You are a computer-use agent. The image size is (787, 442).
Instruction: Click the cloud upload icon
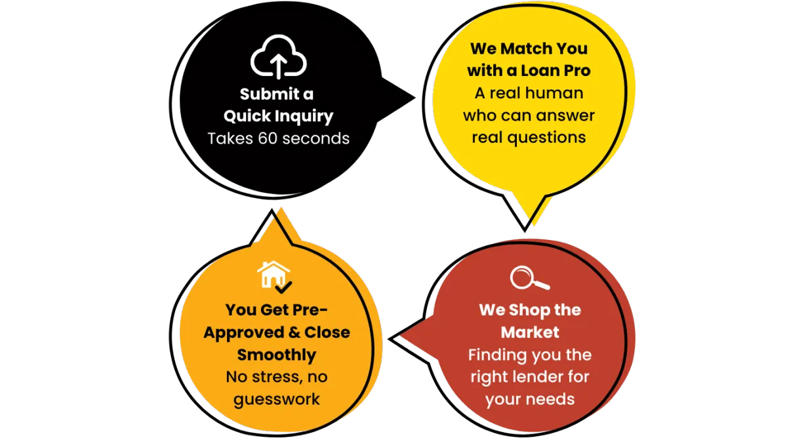[x=279, y=57]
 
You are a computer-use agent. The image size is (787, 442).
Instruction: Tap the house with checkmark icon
[x=274, y=275]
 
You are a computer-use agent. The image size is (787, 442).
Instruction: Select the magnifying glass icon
[x=529, y=278]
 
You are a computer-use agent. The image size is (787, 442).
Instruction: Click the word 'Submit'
[x=260, y=94]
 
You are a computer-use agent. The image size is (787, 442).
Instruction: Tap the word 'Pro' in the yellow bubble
[x=576, y=71]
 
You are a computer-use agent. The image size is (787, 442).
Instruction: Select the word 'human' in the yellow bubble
[x=557, y=93]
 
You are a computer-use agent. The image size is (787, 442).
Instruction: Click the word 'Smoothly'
[x=277, y=355]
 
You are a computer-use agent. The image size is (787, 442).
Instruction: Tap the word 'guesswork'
[x=277, y=399]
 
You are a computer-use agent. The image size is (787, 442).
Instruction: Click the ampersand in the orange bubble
[x=295, y=332]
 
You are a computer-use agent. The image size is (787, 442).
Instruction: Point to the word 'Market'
[x=530, y=332]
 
